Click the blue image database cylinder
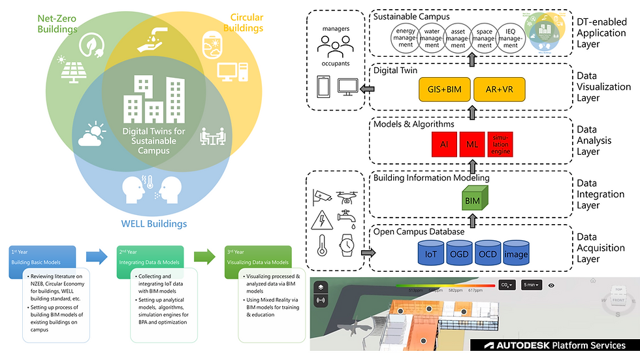click(x=516, y=253)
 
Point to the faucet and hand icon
click(x=150, y=41)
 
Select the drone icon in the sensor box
click(x=347, y=194)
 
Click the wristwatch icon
click(x=347, y=245)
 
